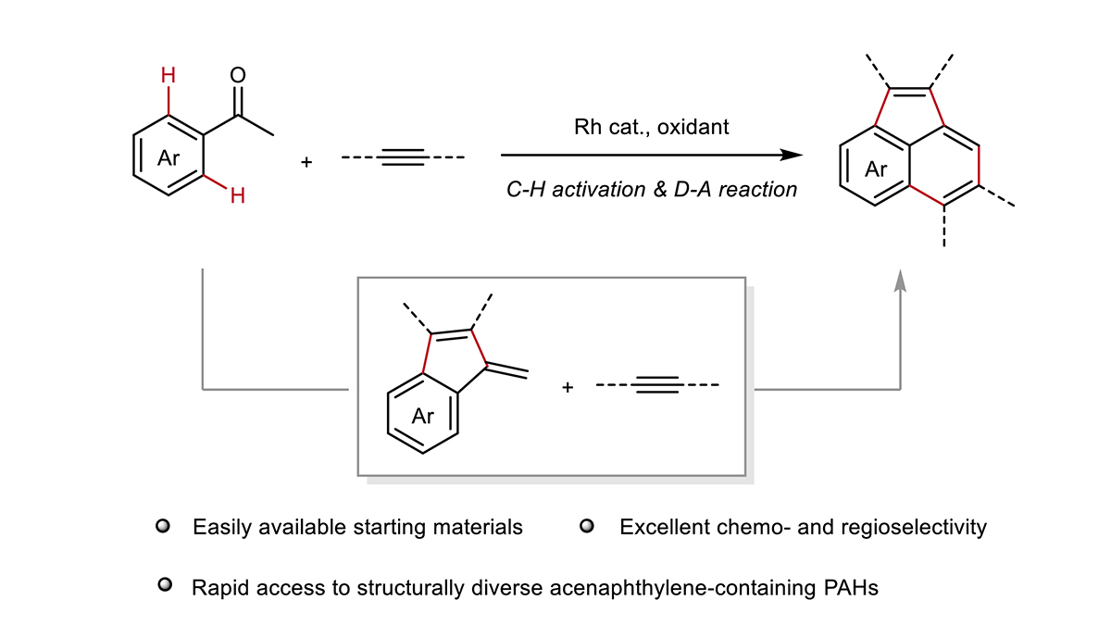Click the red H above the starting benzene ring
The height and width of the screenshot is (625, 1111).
tap(169, 75)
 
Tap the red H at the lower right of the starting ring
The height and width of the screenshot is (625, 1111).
tap(238, 196)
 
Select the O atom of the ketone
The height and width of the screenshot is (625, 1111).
tap(238, 75)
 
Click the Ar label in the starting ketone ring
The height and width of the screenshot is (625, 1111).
tap(169, 158)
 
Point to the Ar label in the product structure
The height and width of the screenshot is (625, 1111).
tap(876, 169)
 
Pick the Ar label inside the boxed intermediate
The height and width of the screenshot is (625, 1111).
tap(422, 416)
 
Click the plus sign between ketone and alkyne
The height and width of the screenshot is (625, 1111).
tap(306, 162)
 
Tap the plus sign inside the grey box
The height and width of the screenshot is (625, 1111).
tap(568, 387)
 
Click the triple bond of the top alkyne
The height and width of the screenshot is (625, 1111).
tap(404, 157)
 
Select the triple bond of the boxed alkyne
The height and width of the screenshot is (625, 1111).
tap(657, 385)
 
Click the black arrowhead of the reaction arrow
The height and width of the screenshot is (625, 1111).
tap(791, 156)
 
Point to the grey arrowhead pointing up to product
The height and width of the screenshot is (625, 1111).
tap(900, 281)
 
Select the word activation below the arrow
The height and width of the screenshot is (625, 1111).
tap(600, 190)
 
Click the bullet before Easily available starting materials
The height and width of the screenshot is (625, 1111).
tap(163, 526)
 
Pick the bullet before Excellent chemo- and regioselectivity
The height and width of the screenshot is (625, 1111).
tap(587, 526)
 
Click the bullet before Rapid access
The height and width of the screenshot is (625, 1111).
tap(165, 585)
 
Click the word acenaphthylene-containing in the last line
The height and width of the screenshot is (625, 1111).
tap(683, 589)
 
